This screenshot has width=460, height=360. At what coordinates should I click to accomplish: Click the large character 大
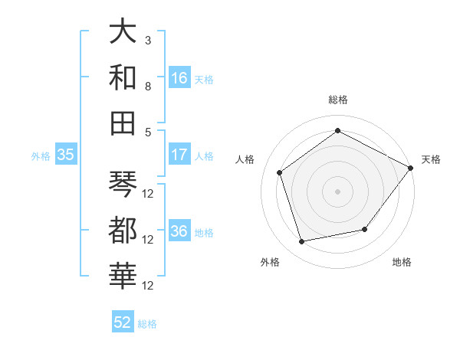coord(123,31)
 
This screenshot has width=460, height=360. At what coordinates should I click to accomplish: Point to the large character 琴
coord(123,184)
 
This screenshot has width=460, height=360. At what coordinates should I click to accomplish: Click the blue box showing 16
coord(179,77)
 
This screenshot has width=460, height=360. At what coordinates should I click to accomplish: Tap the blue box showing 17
coord(179,155)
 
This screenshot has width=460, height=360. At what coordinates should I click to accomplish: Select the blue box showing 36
coord(179,232)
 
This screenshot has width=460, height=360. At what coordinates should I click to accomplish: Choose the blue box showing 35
coord(66,155)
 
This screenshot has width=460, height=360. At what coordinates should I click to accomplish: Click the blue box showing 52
coord(123,322)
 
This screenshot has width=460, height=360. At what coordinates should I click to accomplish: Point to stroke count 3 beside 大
coord(147,40)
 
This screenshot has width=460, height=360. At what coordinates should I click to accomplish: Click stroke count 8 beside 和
coord(147,87)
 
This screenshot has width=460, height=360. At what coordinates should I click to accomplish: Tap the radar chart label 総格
coord(337,100)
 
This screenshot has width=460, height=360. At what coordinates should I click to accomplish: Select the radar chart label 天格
coord(431,159)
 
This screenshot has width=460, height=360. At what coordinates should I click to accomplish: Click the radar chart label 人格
coord(245,159)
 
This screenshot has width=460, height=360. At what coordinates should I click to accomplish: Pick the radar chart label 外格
coord(270,263)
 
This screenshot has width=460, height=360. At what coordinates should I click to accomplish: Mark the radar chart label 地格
coord(402,263)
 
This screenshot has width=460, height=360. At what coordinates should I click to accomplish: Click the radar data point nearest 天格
coord(410,168)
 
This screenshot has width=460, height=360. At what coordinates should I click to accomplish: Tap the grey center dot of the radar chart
coord(337,191)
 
